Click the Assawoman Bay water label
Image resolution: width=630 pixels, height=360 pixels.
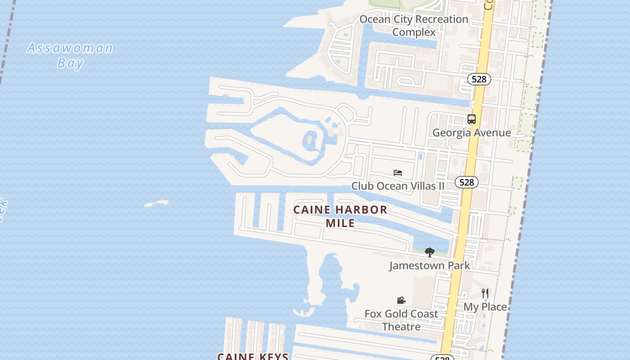(70, 55)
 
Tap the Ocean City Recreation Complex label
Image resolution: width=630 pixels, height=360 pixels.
(414, 26)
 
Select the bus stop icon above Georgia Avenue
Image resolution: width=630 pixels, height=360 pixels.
(472, 119)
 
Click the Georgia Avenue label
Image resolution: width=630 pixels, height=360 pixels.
(472, 133)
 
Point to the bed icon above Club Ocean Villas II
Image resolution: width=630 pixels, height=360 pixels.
(398, 173)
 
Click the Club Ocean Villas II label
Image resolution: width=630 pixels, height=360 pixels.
(398, 186)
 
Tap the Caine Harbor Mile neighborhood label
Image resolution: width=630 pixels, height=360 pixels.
(340, 216)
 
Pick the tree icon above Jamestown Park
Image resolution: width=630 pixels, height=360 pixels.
(430, 252)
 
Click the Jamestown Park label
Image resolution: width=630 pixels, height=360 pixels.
(430, 265)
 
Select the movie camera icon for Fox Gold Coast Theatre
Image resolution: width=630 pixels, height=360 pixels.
(401, 301)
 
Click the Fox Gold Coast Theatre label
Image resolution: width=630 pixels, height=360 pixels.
(401, 320)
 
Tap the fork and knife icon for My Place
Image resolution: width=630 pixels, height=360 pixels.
(485, 293)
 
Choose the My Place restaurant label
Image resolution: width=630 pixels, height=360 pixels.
(485, 307)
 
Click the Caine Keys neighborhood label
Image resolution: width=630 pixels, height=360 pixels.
(253, 356)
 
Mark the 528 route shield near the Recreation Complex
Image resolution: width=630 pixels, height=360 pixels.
(479, 79)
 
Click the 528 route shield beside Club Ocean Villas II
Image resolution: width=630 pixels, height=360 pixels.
(467, 182)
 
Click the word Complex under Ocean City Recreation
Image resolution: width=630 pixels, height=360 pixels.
(414, 32)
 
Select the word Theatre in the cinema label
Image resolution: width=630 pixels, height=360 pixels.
(401, 327)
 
